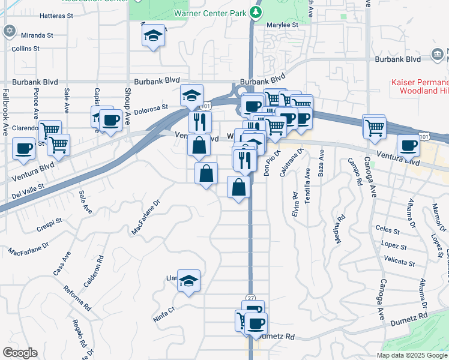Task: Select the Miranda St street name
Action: (x=37, y=35)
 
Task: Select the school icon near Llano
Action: (x=188, y=280)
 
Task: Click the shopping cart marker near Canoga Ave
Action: (x=375, y=127)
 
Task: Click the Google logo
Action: (x=20, y=353)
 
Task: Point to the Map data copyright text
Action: (x=412, y=355)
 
